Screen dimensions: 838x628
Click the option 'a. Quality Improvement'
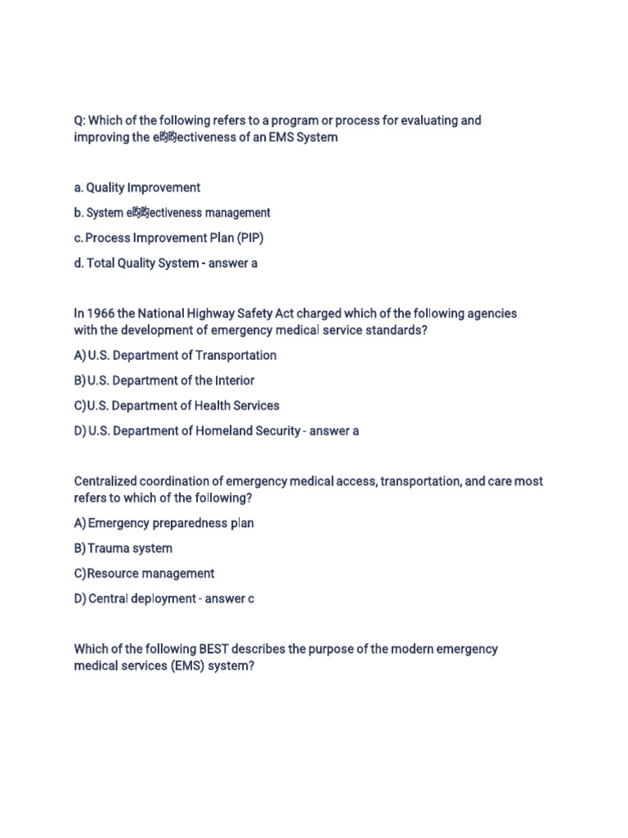(x=137, y=187)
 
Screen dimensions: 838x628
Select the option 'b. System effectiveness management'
(x=172, y=213)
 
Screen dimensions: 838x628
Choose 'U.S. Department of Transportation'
(x=182, y=355)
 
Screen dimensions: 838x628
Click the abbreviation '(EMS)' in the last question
(x=189, y=666)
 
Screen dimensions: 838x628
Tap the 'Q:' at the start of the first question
(x=80, y=120)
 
